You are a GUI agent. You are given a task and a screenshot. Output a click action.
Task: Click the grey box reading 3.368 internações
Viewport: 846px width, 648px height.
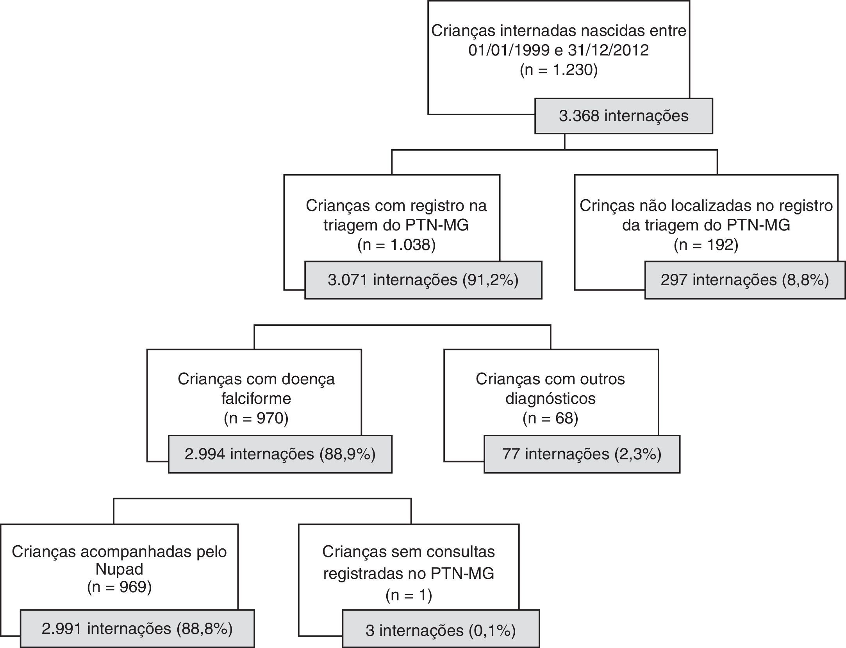[623, 116]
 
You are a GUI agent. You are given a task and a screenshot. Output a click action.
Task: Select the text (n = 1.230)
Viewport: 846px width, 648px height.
[559, 70]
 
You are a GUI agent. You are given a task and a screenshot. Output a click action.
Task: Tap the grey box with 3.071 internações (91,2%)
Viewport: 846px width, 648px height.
[423, 280]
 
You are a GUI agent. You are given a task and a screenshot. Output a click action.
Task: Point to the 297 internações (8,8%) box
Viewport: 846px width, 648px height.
[744, 280]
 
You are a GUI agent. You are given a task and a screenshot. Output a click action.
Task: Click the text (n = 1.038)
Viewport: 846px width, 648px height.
[396, 245]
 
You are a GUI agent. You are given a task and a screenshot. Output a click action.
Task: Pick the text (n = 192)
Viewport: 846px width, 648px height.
[706, 245]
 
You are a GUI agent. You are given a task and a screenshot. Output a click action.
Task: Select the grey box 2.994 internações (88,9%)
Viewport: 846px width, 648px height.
[280, 454]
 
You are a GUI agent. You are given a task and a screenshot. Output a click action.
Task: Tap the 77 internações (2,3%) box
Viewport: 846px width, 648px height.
[582, 454]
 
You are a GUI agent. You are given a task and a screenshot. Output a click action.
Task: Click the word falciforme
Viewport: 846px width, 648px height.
[256, 399]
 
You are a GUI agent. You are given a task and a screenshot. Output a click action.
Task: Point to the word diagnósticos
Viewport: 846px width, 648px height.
[550, 399]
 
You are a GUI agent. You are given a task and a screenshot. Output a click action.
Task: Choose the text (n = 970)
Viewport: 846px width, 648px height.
[256, 418]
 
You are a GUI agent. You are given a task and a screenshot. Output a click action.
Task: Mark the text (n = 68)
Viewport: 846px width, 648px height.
[550, 418]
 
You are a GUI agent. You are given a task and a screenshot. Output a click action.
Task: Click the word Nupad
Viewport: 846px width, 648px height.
[119, 569]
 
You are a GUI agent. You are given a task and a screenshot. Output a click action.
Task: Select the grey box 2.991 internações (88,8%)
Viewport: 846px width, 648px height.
[137, 628]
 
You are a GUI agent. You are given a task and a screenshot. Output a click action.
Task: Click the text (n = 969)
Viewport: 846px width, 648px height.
[119, 587]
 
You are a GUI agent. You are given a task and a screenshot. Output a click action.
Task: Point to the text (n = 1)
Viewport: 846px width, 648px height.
[409, 595]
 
